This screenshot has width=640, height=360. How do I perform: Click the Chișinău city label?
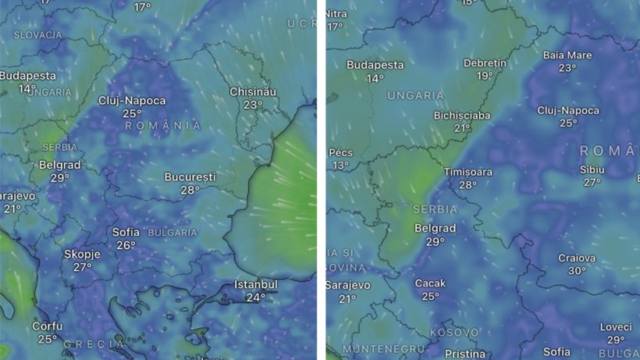[x=253, y=91]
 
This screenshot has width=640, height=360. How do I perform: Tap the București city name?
[x=190, y=177]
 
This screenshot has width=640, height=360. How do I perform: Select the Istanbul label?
[x=255, y=284]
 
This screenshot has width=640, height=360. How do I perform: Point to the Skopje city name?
[x=82, y=255]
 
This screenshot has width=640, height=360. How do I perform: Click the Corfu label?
[x=48, y=326]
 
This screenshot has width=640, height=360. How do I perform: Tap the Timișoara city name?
[x=468, y=172]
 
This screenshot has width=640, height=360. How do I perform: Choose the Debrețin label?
[x=485, y=62]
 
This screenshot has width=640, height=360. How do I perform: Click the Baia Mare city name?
[x=567, y=55]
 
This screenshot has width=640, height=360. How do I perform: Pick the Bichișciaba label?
[x=462, y=116]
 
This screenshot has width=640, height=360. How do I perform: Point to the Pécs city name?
[x=342, y=152]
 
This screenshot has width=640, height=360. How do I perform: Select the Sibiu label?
[x=592, y=169]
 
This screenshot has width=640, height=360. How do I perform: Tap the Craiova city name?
[x=577, y=258]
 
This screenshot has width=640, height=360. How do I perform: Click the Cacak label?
[x=430, y=283]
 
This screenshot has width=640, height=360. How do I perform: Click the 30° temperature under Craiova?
[x=577, y=271]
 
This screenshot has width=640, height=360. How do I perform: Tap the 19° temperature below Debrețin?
[x=485, y=76]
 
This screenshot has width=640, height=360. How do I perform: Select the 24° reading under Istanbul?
[x=255, y=298]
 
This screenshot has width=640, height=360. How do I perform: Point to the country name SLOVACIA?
[x=37, y=35]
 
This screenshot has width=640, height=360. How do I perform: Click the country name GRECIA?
[x=94, y=344]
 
